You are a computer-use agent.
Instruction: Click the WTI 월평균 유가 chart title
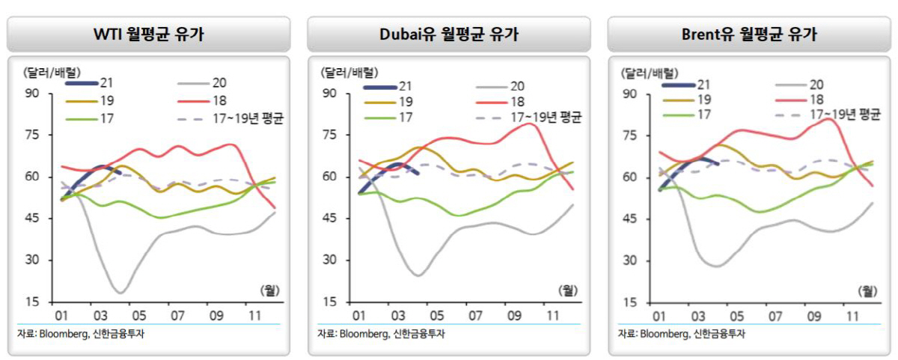pyautogui.click(x=148, y=34)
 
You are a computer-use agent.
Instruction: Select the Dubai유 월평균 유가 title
pyautogui.click(x=448, y=34)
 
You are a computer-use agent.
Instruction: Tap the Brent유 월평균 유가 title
pyautogui.click(x=748, y=34)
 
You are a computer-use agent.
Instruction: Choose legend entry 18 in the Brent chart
pyautogui.click(x=816, y=100)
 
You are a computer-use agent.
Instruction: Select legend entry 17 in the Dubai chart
pyautogui.click(x=406, y=118)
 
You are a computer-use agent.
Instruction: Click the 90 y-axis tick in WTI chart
pyautogui.click(x=31, y=94)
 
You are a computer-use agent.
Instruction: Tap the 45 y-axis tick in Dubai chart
pyautogui.click(x=331, y=219)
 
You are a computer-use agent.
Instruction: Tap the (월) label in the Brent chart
pyautogui.click(x=868, y=290)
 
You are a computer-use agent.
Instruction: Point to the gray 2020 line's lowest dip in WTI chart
pyautogui.click(x=120, y=292)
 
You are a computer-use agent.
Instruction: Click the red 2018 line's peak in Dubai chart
pyautogui.click(x=531, y=123)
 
